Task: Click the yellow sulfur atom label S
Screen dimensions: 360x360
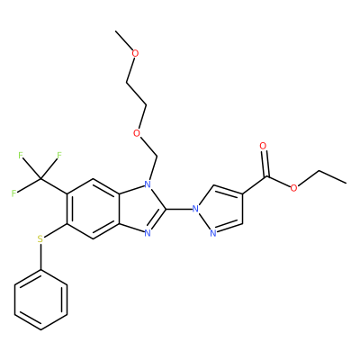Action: coord(40,239)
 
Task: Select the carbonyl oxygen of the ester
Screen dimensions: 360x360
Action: coord(263,146)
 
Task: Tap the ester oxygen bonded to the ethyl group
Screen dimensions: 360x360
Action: coord(293,188)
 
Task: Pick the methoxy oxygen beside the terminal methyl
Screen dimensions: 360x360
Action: coord(136,54)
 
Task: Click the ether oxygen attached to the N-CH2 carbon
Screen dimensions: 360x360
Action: coord(137,133)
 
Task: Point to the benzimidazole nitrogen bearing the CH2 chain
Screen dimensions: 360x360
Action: coord(148,184)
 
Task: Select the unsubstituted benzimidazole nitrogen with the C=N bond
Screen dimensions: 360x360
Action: coord(148,232)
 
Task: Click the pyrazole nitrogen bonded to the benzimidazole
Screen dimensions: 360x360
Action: coord(195,208)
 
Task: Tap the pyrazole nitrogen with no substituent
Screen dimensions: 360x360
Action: coord(213,233)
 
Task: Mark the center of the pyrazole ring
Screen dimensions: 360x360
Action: coord(220,210)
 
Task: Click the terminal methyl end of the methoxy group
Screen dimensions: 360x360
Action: coord(116,31)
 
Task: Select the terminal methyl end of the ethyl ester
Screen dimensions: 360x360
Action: coord(346,183)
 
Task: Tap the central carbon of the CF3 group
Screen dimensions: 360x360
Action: coord(40,179)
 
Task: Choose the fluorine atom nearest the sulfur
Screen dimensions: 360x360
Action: coord(13,193)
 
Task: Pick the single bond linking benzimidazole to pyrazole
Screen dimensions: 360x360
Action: coord(179,208)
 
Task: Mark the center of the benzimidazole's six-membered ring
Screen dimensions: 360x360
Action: coord(94,209)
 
